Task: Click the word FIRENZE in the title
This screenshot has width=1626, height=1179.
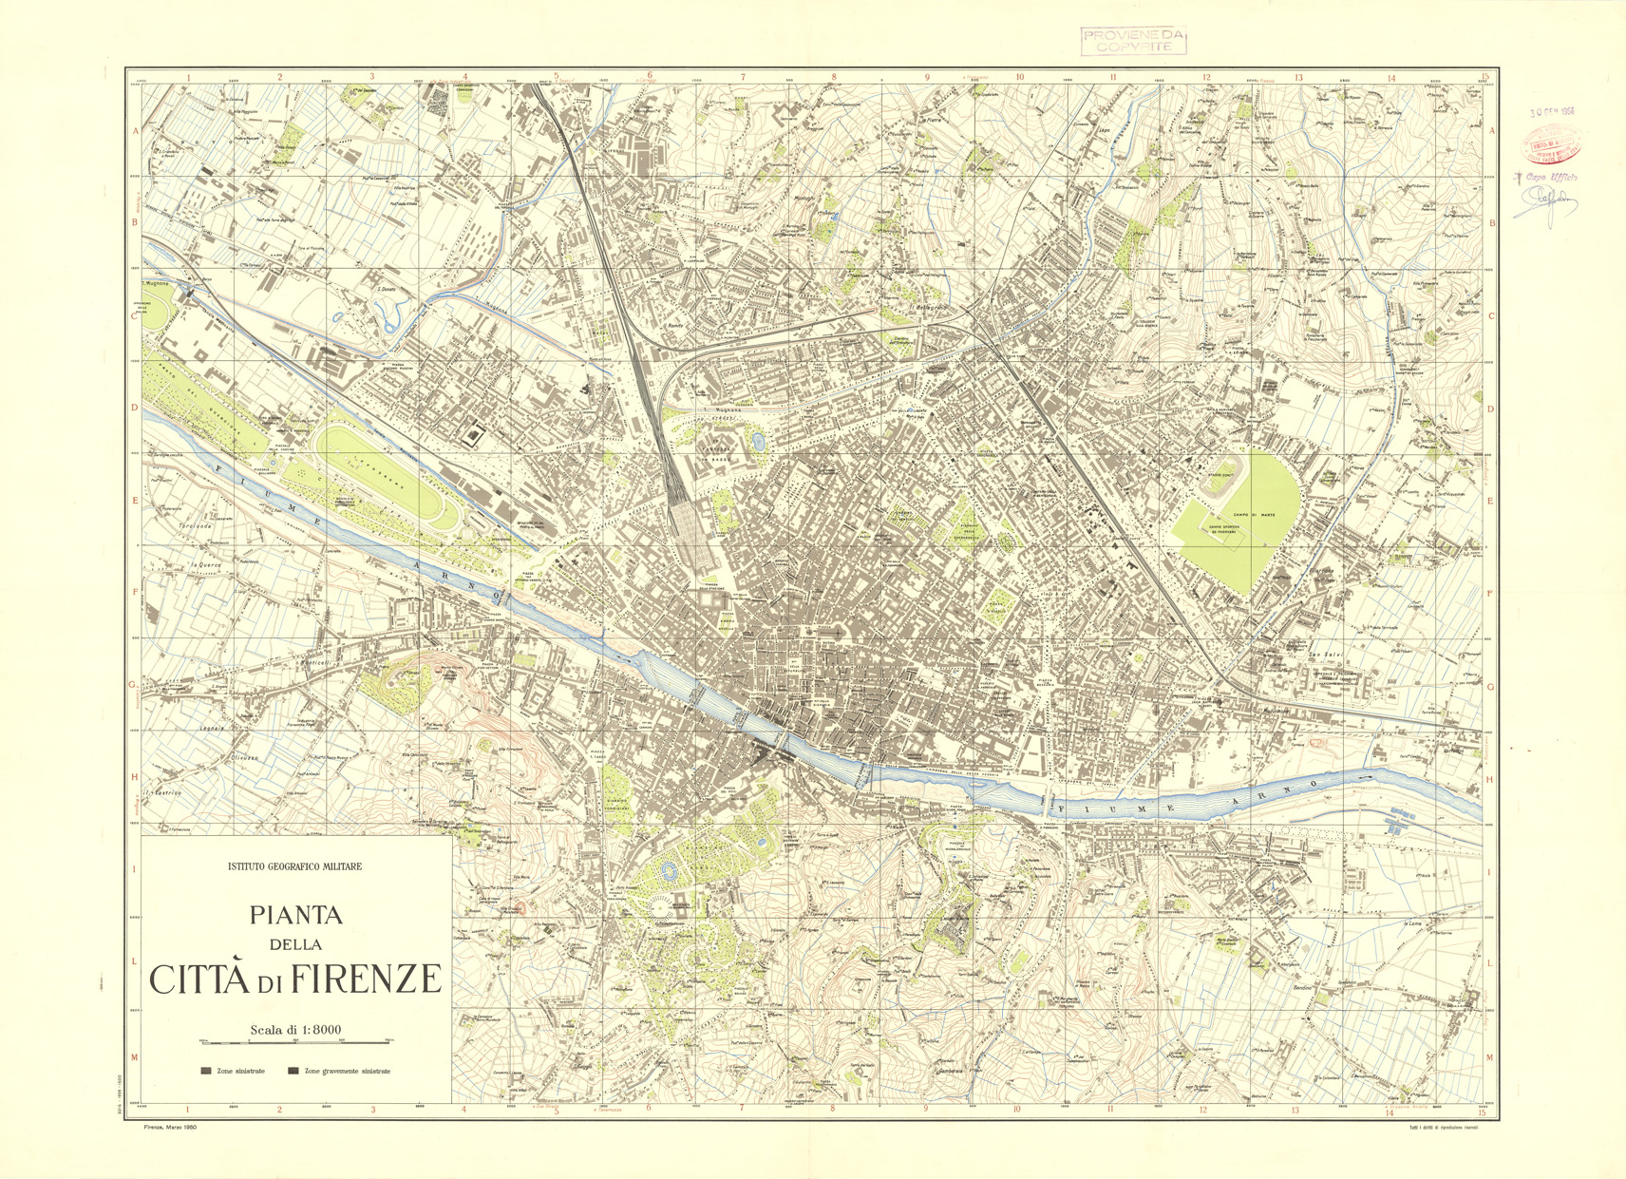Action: pyautogui.click(x=367, y=979)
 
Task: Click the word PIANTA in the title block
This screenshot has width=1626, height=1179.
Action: pyautogui.click(x=295, y=915)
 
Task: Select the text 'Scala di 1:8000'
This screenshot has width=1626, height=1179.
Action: pyautogui.click(x=295, y=1029)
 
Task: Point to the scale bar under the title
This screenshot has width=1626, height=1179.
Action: pyautogui.click(x=295, y=1041)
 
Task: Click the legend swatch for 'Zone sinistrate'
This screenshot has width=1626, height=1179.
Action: pyautogui.click(x=206, y=1071)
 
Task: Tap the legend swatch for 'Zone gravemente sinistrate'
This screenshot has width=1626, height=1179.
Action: pyautogui.click(x=293, y=1071)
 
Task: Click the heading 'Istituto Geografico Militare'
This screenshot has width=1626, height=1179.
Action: pyautogui.click(x=294, y=866)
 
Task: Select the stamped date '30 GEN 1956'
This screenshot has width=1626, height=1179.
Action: pyautogui.click(x=1552, y=111)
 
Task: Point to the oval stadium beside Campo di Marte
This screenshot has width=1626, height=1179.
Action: pyautogui.click(x=1219, y=485)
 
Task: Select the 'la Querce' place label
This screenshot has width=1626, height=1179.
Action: pyautogui.click(x=206, y=564)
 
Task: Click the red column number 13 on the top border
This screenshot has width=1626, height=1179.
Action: pyautogui.click(x=1297, y=78)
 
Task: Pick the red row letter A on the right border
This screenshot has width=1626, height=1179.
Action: pyautogui.click(x=1491, y=131)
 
